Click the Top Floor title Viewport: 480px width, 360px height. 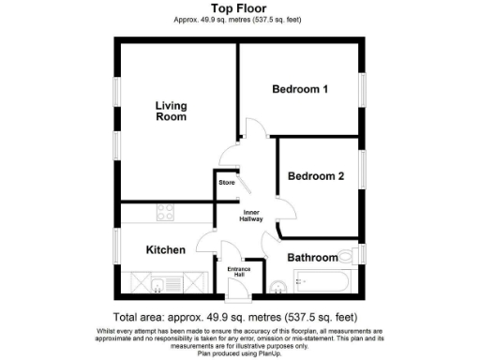point(240,8)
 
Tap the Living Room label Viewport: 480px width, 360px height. point(171,112)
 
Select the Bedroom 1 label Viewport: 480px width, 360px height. point(299,90)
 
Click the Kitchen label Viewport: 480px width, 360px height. point(165,249)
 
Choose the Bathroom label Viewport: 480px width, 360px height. point(311,257)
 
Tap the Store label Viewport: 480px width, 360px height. point(227,182)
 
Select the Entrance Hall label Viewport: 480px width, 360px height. point(241,272)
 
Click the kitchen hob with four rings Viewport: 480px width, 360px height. point(166,213)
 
